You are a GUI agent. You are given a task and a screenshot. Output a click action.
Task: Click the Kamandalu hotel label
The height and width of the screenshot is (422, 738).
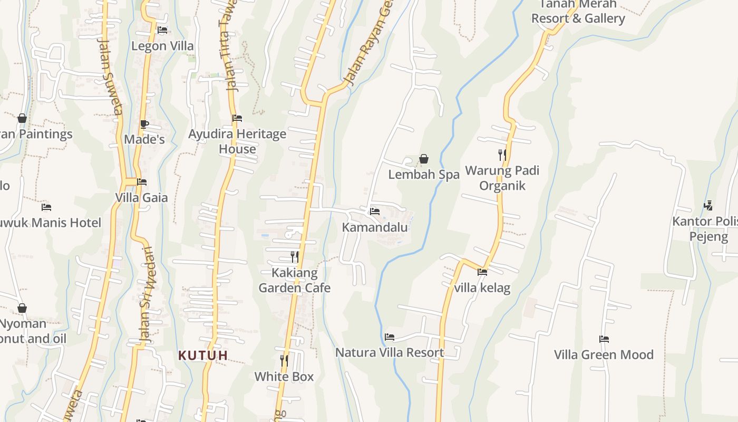click(x=375, y=227)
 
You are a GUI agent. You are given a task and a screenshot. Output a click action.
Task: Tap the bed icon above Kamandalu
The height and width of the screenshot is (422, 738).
click(x=375, y=211)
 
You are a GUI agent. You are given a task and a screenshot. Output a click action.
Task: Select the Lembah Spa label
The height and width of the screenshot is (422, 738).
click(x=424, y=175)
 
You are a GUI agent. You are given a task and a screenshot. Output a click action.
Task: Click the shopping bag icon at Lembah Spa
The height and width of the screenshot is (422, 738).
click(x=424, y=158)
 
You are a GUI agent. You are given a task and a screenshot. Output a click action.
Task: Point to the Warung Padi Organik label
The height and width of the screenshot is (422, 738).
click(x=502, y=178)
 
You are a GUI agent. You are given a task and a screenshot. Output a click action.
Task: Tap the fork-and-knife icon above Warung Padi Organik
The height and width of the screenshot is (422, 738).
click(x=502, y=155)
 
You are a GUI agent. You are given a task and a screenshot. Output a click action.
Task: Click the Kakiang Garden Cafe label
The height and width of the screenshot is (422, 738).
click(x=295, y=280)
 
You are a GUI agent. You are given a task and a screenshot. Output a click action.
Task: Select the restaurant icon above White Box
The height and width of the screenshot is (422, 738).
click(x=284, y=360)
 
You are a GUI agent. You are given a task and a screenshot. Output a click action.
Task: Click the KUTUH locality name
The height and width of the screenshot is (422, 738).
click(x=203, y=356)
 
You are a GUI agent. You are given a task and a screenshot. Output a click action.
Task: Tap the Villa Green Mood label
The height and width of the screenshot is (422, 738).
click(x=604, y=354)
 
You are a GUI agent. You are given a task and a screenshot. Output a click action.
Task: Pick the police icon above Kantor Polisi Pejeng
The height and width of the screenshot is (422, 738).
click(x=708, y=205)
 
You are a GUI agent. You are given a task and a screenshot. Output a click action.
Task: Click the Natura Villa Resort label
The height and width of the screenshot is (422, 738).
click(x=390, y=352)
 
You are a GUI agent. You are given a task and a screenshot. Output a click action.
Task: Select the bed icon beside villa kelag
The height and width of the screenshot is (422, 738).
click(x=482, y=272)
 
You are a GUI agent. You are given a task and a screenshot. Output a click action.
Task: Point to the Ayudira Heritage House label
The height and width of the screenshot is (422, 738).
click(x=237, y=141)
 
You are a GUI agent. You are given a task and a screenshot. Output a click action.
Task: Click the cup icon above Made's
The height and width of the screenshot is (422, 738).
click(x=144, y=124)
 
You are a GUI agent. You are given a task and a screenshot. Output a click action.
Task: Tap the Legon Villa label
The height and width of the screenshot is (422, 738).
click(x=162, y=46)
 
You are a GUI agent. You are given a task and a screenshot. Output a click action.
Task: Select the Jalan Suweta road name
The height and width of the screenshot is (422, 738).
click(x=111, y=76)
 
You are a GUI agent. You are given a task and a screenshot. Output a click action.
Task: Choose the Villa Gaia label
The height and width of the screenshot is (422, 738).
click(x=142, y=198)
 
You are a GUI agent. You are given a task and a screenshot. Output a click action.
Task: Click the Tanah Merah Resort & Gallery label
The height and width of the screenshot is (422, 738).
click(x=578, y=12)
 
